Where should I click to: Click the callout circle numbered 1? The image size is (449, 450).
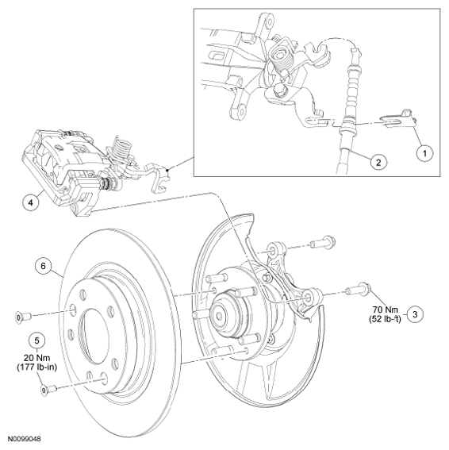(x=425, y=153)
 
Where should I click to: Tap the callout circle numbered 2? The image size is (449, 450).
(x=378, y=163)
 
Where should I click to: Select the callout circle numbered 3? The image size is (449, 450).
(x=415, y=314)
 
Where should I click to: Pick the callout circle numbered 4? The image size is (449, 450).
(x=31, y=202)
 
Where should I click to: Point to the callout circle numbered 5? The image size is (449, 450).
(x=37, y=340)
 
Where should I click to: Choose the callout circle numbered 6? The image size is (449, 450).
(x=44, y=266)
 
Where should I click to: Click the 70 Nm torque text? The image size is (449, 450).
(x=386, y=310)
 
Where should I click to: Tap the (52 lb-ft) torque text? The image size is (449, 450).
(x=385, y=318)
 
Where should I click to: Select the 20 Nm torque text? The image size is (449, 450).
(x=36, y=358)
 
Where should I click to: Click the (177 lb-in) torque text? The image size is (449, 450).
(x=36, y=367)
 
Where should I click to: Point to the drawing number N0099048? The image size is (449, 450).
(x=24, y=439)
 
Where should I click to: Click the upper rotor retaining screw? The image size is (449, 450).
(x=23, y=317)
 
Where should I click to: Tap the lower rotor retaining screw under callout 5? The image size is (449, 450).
(x=48, y=390)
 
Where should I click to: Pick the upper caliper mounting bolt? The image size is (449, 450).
(x=323, y=243)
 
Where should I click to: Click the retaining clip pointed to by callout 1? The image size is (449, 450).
(x=398, y=118)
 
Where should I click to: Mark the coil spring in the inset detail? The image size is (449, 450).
(x=282, y=59)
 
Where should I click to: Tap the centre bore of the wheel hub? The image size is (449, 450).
(x=220, y=316)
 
